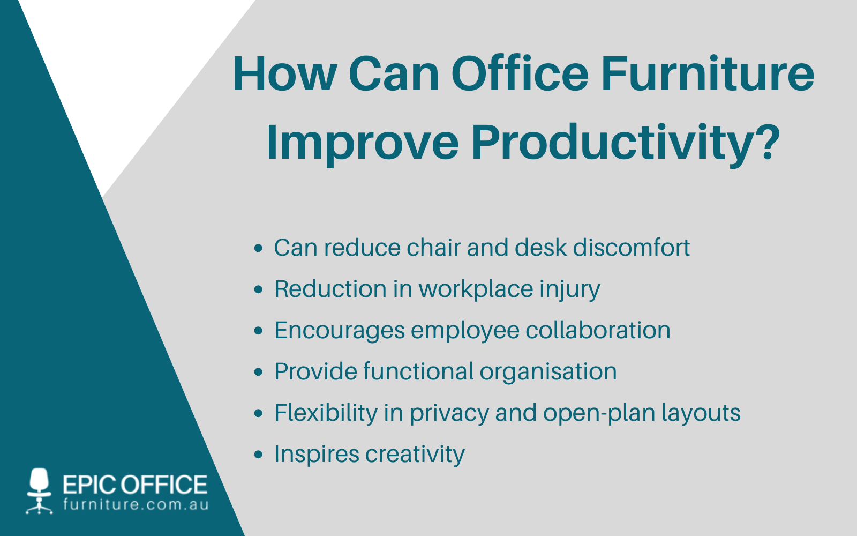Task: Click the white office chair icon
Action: click(39, 490)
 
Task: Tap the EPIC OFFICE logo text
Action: click(135, 485)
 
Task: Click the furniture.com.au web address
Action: click(136, 505)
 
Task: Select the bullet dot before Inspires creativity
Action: click(259, 455)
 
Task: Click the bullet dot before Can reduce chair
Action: click(259, 248)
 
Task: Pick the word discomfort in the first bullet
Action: click(632, 248)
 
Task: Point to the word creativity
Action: click(415, 455)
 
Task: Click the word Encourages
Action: click(340, 331)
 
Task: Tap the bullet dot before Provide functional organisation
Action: click(259, 372)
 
